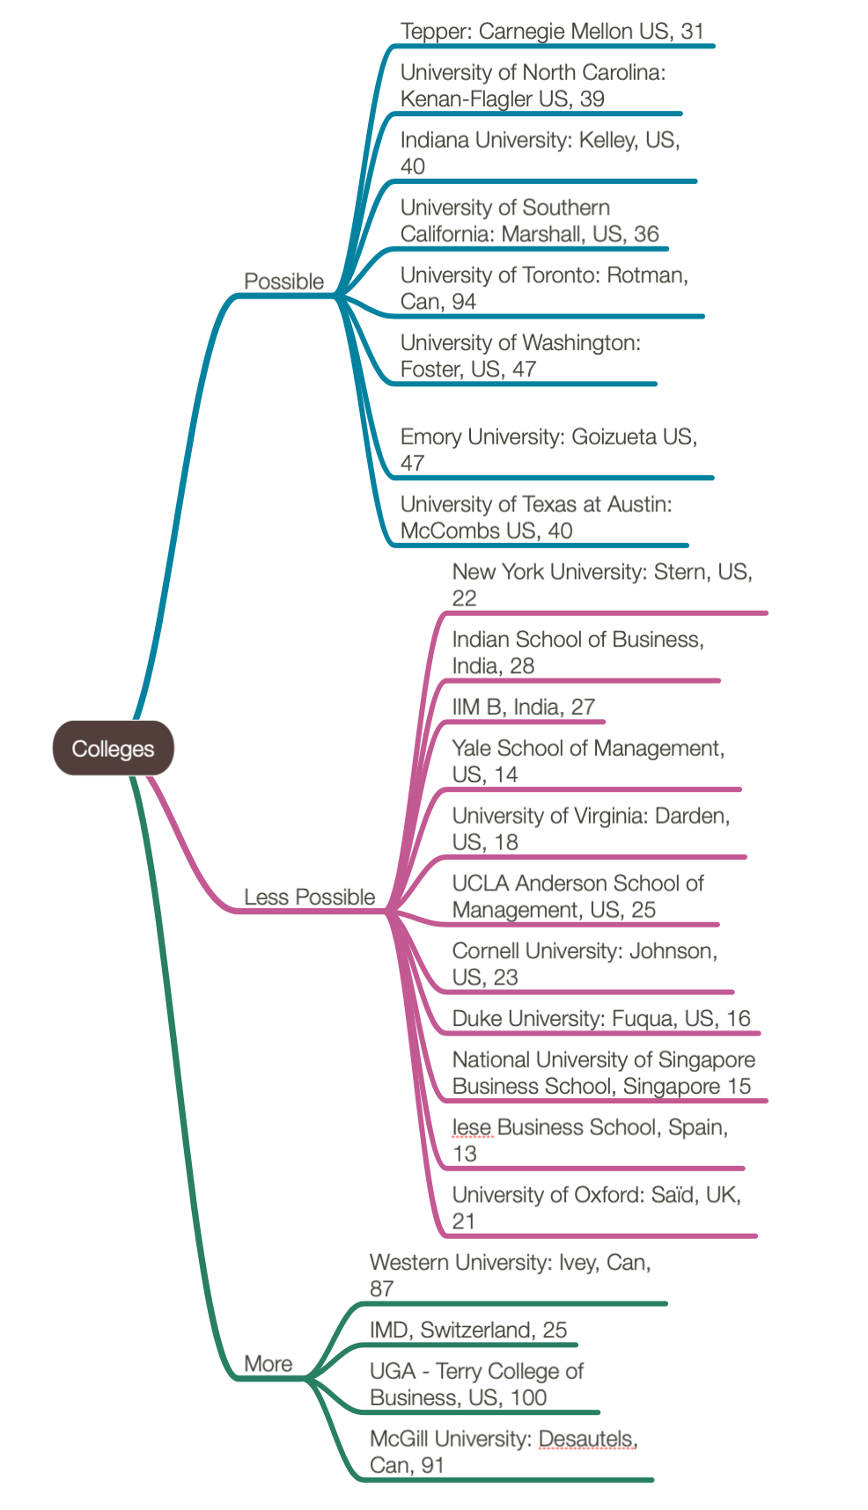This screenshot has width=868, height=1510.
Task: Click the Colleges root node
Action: (114, 749)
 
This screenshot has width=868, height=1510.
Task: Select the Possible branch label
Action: (283, 282)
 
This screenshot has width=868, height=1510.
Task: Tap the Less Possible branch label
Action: (309, 897)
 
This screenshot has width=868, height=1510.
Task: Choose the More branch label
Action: (268, 1363)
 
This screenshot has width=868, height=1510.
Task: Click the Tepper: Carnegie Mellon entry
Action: (552, 32)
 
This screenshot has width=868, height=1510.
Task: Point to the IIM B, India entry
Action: (523, 707)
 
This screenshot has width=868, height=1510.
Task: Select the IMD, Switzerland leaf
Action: (467, 1330)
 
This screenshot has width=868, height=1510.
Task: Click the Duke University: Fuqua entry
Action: (600, 1018)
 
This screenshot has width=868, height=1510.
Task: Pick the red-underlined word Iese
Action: (471, 1127)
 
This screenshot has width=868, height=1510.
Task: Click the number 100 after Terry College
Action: (528, 1397)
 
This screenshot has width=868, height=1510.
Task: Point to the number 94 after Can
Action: (463, 302)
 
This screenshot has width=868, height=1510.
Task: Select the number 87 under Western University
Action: (381, 1289)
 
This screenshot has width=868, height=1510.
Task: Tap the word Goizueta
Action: (614, 436)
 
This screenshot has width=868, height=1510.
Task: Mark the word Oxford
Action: (607, 1195)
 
